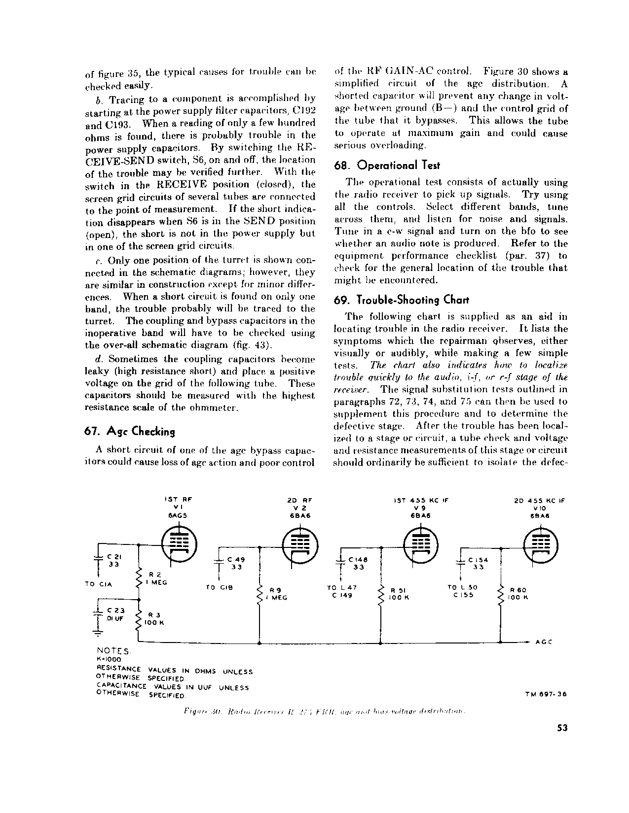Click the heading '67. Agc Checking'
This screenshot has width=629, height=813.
point(130,432)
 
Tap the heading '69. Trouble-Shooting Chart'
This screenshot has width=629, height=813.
point(401,300)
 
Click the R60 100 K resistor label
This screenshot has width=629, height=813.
point(519,593)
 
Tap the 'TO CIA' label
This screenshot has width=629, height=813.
point(99,584)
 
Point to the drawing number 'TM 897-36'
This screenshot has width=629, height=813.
point(547,694)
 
